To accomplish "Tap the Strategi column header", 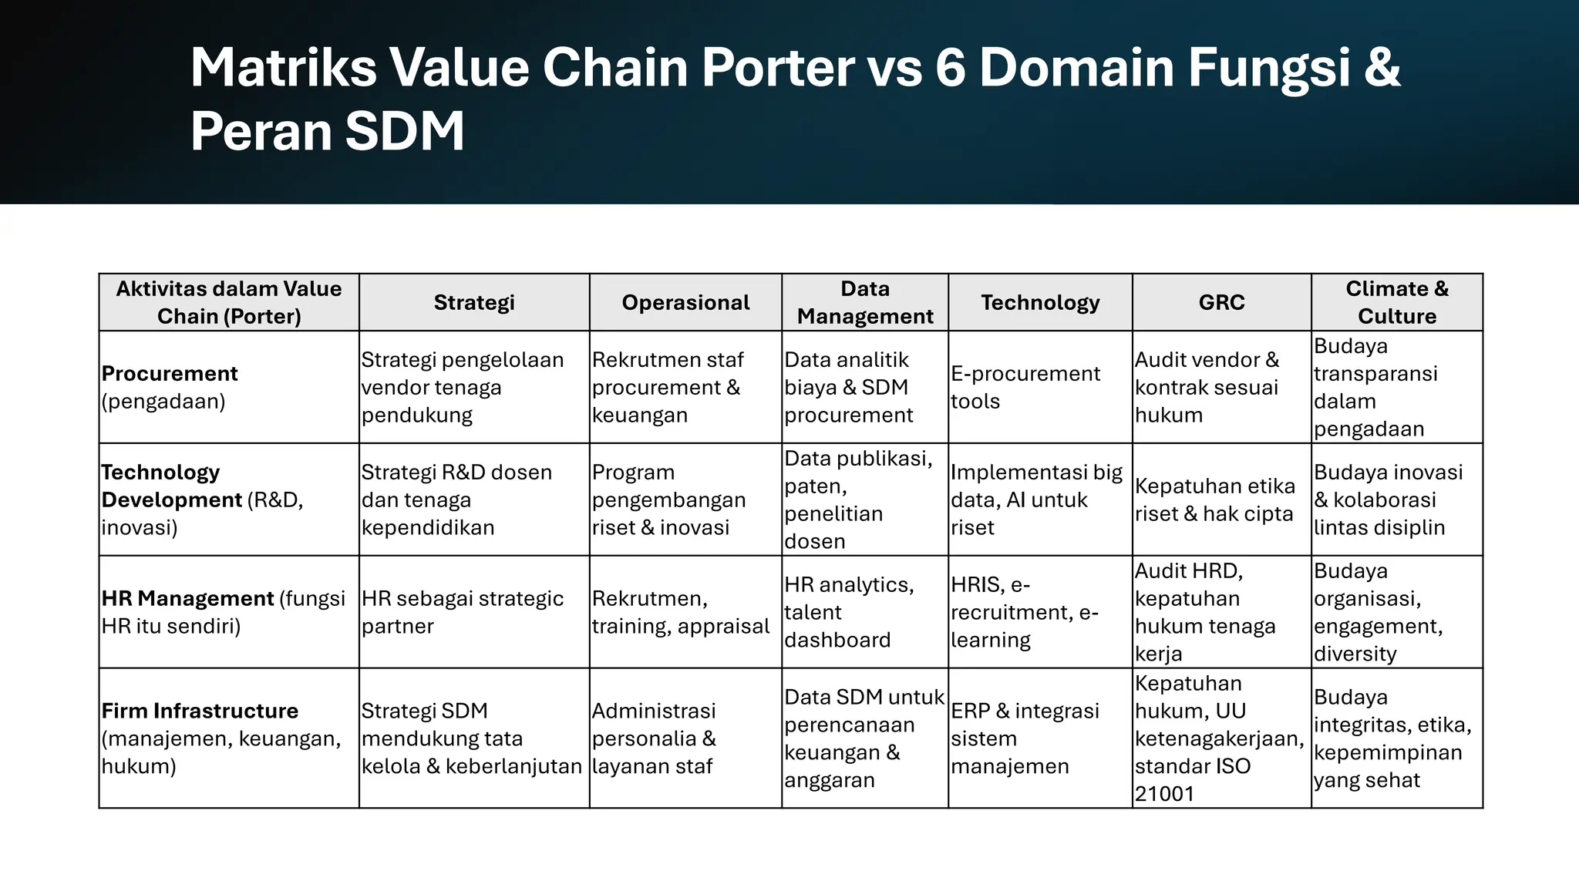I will coord(473,302).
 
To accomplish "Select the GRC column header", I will coord(1221,302).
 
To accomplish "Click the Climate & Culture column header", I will coord(1396,302).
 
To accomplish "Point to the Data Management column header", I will coord(864,302).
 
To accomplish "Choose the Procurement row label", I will coord(170,374).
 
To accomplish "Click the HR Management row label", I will coord(187,598).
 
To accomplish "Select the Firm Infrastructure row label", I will coord(200,711).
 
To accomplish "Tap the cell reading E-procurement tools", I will coord(1025,387).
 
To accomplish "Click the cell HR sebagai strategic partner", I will coord(462,612).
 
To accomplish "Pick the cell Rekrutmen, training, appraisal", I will coord(680,612).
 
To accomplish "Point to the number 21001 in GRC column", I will coord(1163,794).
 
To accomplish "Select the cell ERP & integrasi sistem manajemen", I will coord(1025,738).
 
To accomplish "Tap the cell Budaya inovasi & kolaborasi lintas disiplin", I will coord(1387,499).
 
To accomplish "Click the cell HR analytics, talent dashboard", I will coord(848,612).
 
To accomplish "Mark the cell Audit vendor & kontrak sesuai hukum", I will coord(1206,387).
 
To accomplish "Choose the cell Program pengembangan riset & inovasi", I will coord(668,499).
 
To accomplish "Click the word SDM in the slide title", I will coord(404,131).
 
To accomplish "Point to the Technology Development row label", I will coord(171,486).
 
